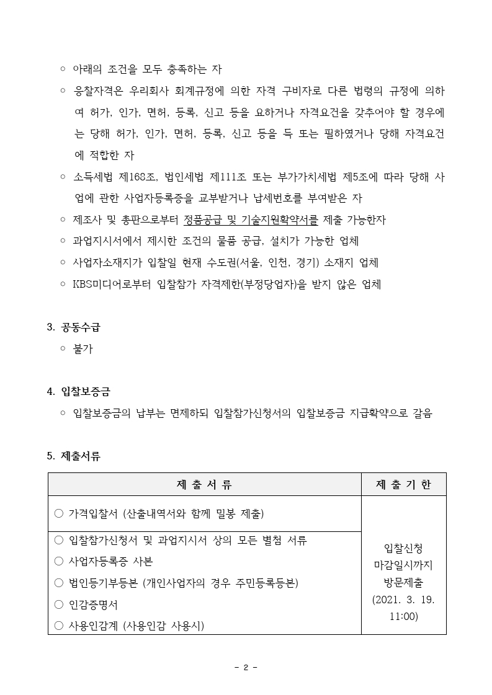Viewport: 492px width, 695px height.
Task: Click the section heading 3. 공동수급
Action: (x=74, y=327)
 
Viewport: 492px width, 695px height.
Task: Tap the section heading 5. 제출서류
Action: (x=74, y=456)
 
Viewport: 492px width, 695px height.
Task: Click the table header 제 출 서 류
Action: (x=205, y=484)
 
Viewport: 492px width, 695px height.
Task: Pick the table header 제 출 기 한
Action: (x=403, y=484)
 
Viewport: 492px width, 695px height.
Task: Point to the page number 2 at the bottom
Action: (x=246, y=667)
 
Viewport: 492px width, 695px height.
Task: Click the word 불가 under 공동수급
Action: (x=83, y=348)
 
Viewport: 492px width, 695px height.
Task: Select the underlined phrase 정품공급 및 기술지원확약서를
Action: (x=251, y=219)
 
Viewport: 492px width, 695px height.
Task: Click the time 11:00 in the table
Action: (x=403, y=616)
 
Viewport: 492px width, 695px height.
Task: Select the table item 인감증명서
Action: (x=93, y=604)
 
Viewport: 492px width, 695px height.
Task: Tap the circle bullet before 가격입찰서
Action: (x=59, y=513)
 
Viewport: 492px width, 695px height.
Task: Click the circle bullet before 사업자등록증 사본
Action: (x=59, y=561)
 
